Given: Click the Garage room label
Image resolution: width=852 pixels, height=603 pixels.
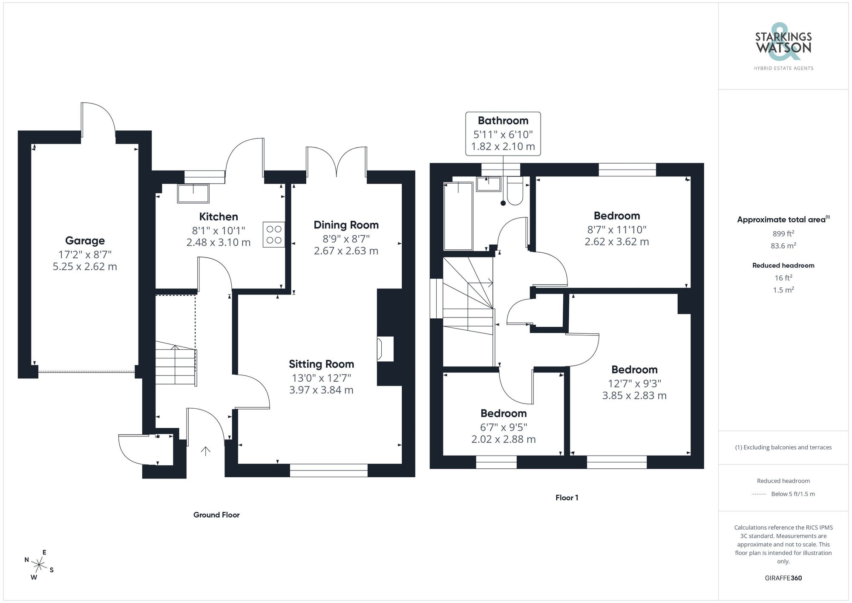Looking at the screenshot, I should tap(85, 241).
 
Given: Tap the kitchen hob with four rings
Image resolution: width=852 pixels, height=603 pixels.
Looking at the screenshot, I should tap(274, 235).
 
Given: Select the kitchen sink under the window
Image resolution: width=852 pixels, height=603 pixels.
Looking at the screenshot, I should tap(193, 193).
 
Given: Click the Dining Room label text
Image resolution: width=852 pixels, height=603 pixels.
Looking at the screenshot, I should tap(346, 225).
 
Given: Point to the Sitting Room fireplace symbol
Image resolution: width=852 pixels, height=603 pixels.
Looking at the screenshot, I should tap(380, 349).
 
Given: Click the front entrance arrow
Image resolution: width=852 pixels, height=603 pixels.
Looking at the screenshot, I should tap(206, 451).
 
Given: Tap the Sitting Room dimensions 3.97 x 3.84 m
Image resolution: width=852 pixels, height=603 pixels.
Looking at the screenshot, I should tap(321, 390).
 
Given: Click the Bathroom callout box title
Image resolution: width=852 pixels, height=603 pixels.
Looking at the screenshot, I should tap(503, 121).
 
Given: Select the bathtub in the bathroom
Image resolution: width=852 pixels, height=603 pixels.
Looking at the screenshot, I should tap(458, 216).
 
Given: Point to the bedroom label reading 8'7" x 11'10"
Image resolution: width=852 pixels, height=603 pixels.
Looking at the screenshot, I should tap(616, 230).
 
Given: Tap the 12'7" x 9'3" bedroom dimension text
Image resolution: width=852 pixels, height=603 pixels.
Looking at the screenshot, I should tap(634, 384).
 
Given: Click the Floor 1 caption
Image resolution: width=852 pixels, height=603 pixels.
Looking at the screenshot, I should tap(567, 498).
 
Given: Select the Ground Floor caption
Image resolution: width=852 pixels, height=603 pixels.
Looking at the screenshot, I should tap(216, 515).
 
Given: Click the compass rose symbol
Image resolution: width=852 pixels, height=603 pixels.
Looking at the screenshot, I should tap(39, 565).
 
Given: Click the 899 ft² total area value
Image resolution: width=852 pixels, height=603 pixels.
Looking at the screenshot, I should tap(783, 234).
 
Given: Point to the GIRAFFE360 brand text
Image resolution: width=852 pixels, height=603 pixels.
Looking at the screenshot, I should tap(783, 578).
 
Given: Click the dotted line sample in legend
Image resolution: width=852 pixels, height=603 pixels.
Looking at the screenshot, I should tap(759, 494).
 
